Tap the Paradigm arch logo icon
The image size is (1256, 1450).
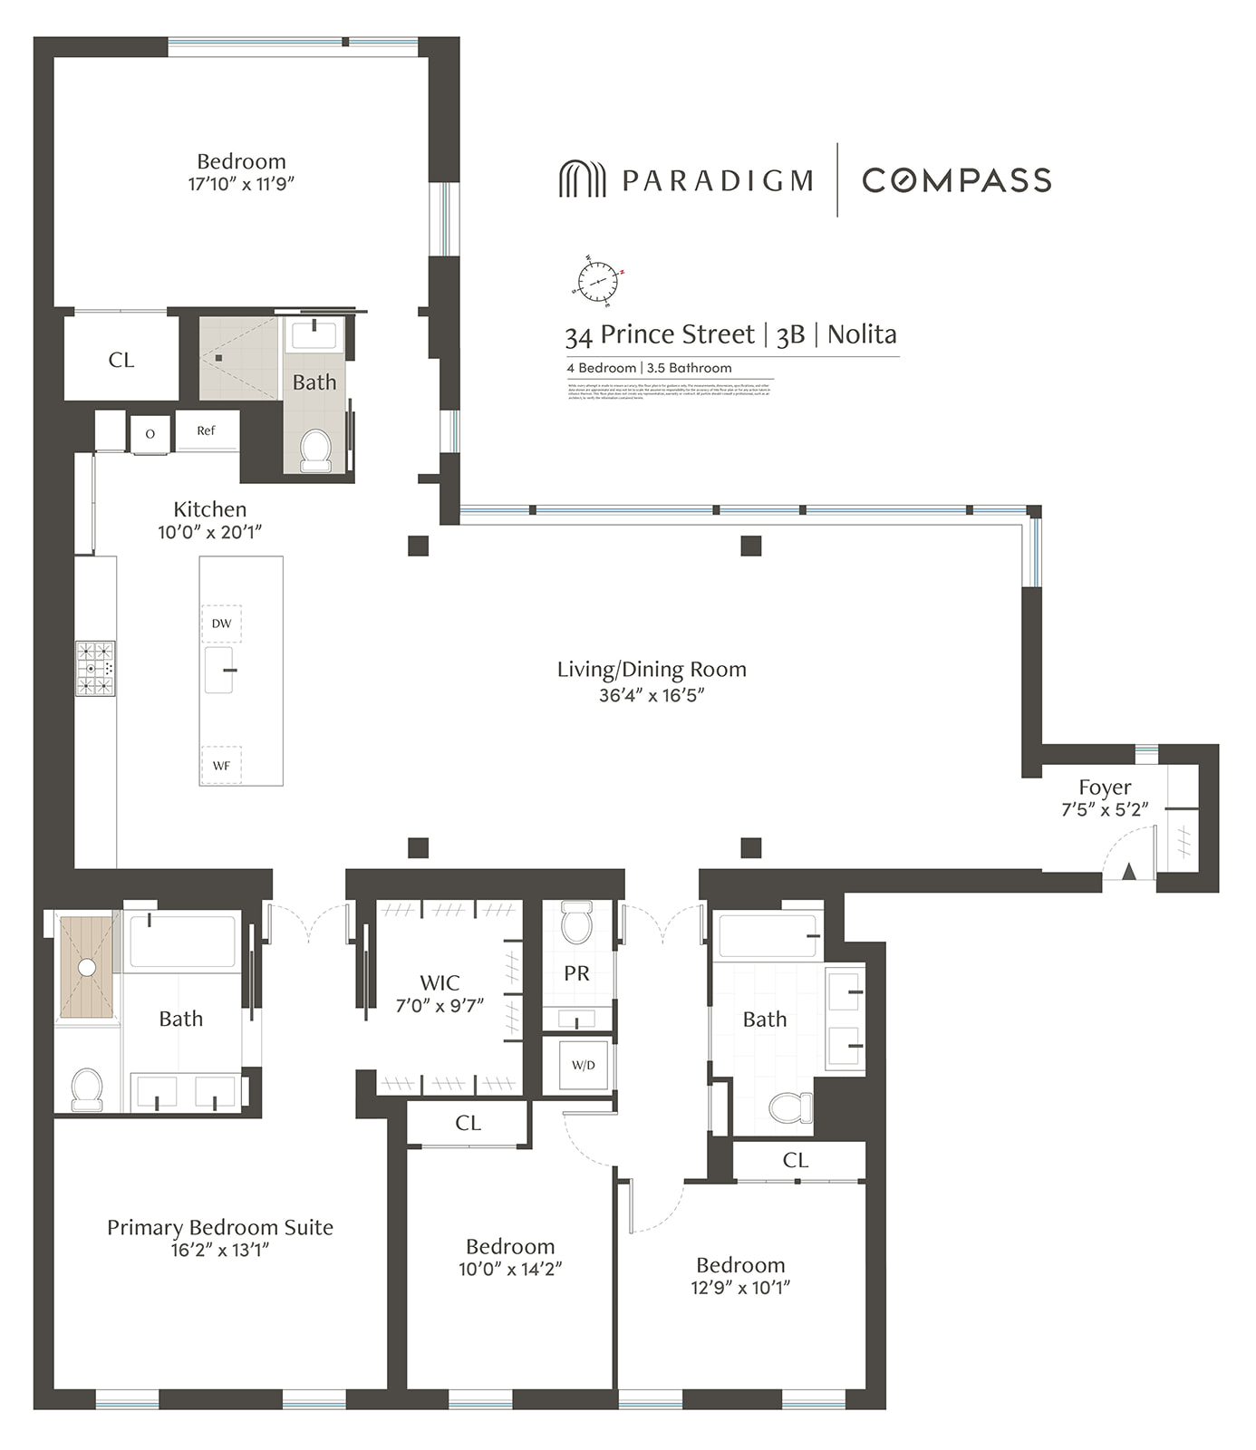[581, 179]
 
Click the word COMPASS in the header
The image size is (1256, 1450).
[956, 179]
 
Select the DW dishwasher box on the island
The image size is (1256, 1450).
[221, 623]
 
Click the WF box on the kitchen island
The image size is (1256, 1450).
[221, 766]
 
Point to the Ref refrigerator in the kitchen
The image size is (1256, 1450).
[207, 431]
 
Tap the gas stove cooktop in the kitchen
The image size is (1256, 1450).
[95, 669]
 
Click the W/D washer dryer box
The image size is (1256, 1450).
[583, 1065]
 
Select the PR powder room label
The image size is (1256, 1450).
[576, 973]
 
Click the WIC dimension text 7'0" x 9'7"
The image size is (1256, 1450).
[440, 1005]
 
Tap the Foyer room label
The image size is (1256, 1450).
[1105, 787]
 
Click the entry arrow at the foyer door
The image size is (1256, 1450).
[1128, 872]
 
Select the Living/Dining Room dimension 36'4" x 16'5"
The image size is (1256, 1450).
[651, 695]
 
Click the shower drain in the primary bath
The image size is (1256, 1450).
[86, 968]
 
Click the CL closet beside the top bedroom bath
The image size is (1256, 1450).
[121, 360]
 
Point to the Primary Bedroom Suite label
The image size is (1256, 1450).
[220, 1227]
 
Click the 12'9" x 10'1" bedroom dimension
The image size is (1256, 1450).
[740, 1287]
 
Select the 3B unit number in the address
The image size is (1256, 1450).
[790, 335]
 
